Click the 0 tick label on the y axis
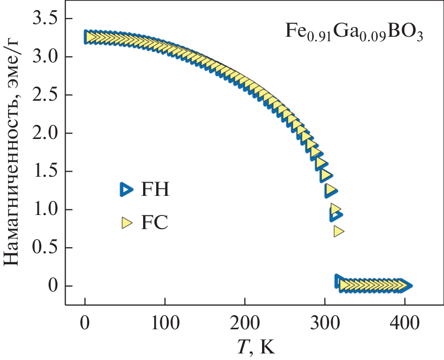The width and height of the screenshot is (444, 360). [x=52, y=286]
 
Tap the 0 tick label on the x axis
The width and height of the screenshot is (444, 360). [x=85, y=323]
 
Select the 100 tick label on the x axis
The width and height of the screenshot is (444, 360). [x=164, y=323]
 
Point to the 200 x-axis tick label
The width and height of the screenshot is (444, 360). [x=244, y=323]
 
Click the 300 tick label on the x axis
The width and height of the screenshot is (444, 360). [x=325, y=323]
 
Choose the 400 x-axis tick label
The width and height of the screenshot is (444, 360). [x=404, y=323]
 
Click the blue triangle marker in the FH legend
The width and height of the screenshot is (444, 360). [x=125, y=189]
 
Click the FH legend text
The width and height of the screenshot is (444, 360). [x=155, y=190]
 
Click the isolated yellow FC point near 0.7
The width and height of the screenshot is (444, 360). [x=339, y=231]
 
